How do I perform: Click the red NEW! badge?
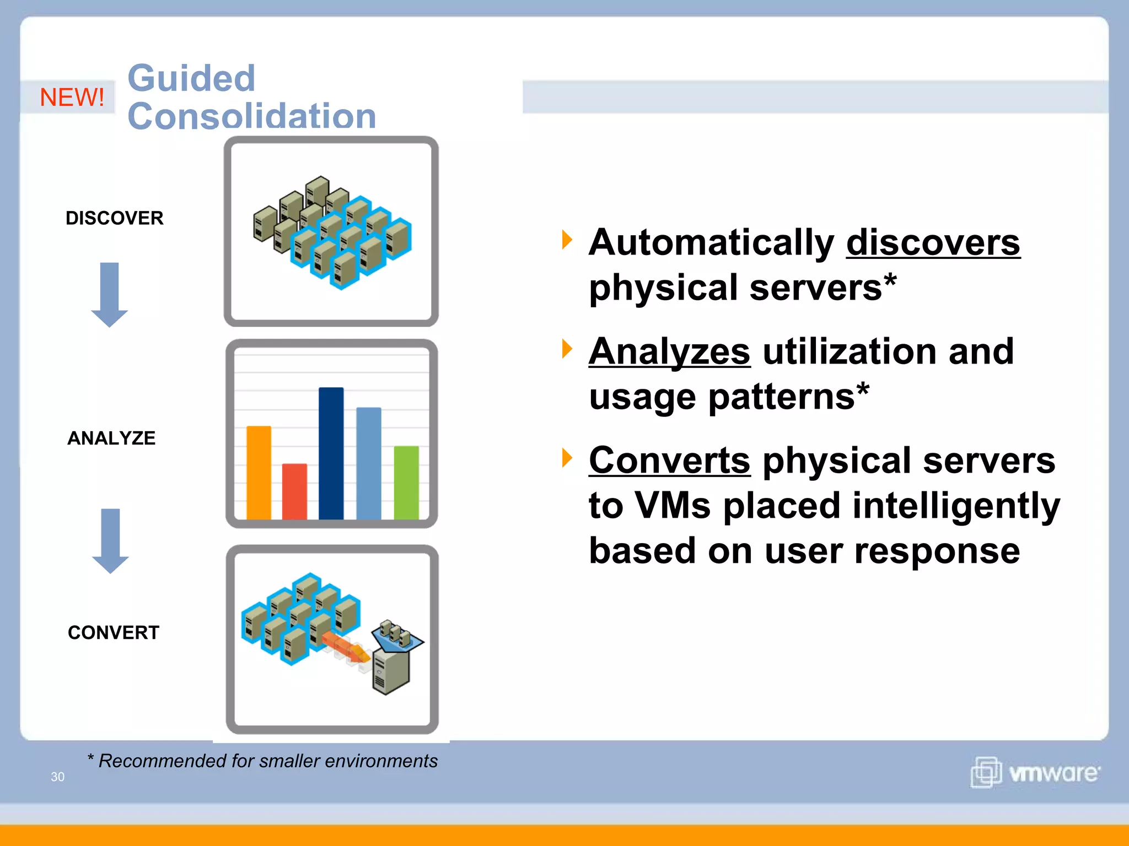(72, 97)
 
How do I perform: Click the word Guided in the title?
(191, 78)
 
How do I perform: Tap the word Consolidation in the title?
(252, 116)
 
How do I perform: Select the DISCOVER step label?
(114, 218)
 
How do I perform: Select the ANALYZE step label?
(111, 438)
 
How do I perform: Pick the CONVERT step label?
(114, 632)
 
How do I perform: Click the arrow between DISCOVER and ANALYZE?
(110, 295)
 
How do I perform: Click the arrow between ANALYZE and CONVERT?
(110, 541)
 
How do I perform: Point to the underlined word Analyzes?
(669, 351)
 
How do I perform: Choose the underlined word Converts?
(669, 460)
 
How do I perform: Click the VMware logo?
(1035, 772)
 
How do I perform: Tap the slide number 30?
(57, 777)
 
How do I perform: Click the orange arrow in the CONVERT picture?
(345, 646)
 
